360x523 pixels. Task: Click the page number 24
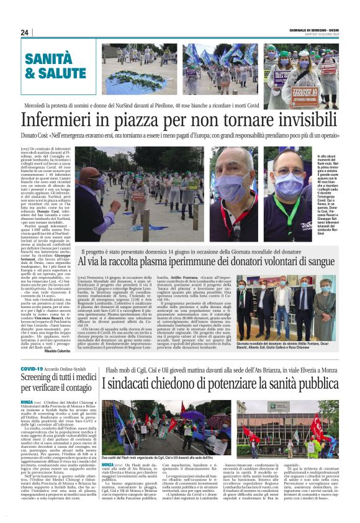point(25,33)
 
